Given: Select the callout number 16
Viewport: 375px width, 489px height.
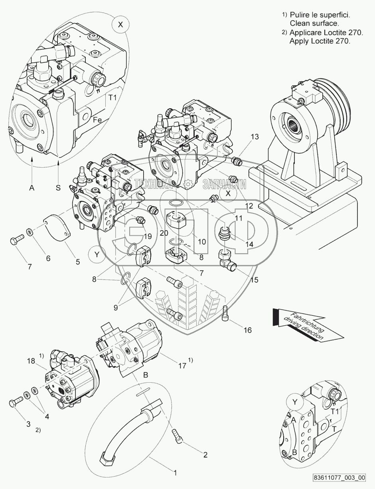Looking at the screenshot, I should click(247, 330).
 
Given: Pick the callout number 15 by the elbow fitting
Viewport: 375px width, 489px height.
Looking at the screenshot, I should click(255, 280).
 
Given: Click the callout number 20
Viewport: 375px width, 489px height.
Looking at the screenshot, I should click(164, 233).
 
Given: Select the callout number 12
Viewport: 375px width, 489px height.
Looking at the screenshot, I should click(249, 206).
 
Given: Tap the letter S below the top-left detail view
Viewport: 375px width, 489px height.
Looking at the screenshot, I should click(58, 188).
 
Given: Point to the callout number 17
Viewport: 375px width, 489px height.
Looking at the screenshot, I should click(182, 366).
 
